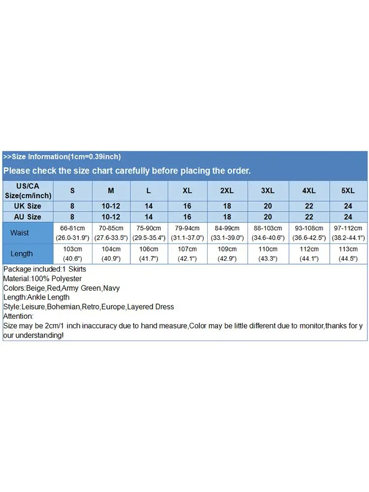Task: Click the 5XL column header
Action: pyautogui.click(x=348, y=190)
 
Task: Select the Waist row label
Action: pyautogui.click(x=20, y=233)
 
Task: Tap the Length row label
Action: pyautogui.click(x=22, y=254)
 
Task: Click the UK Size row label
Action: pyautogui.click(x=28, y=206)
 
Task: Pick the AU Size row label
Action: pyautogui.click(x=28, y=217)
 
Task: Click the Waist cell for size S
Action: pyautogui.click(x=73, y=233)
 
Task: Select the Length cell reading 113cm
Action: pyautogui.click(x=348, y=254)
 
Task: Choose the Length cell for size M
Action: pyautogui.click(x=111, y=254)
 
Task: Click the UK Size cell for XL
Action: pyautogui.click(x=187, y=206)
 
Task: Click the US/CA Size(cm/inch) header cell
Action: pyautogui.click(x=28, y=190)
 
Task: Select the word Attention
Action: pyautogui.click(x=18, y=316)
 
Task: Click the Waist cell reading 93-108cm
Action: pyautogui.click(x=309, y=228)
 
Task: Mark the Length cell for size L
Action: pyautogui.click(x=149, y=254)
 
